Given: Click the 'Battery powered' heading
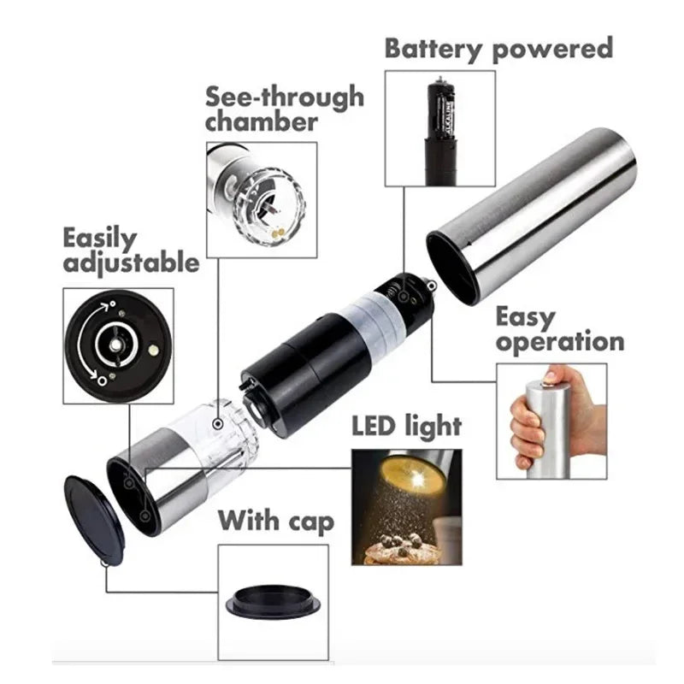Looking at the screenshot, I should [498, 49].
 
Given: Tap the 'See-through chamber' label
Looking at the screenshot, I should [284, 109].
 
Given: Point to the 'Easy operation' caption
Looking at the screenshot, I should [560, 330].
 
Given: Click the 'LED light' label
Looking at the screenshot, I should [407, 425].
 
